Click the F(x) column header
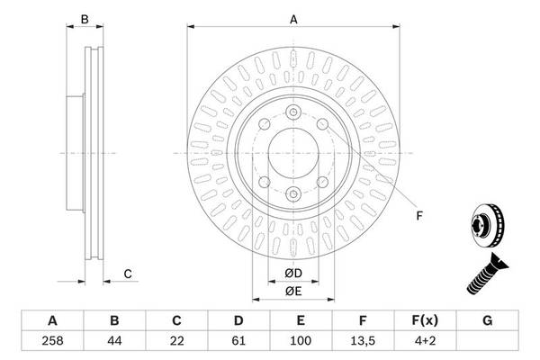tap(426, 320)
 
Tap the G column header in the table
tap(488, 320)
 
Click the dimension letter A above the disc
tap(293, 19)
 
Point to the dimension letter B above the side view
tap(85, 19)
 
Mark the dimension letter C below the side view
tap(129, 274)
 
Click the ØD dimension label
tap(293, 273)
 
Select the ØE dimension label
tap(293, 290)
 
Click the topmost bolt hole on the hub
tap(293, 112)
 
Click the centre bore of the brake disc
tap(293, 152)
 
